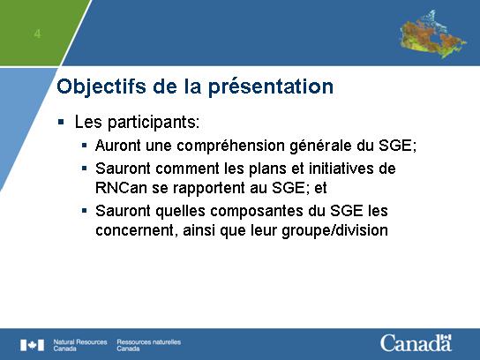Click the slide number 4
point(37,34)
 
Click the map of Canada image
point(433,34)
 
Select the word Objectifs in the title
point(101,86)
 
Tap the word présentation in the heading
point(271,87)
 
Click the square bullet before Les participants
point(61,123)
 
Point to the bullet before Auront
point(85,145)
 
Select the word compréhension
point(231,146)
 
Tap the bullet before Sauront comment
point(85,168)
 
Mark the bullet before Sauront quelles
point(85,210)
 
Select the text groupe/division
point(335,230)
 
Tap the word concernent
point(135,230)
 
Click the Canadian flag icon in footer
point(32,345)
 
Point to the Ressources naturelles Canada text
point(149,345)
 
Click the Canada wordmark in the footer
point(416,343)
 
